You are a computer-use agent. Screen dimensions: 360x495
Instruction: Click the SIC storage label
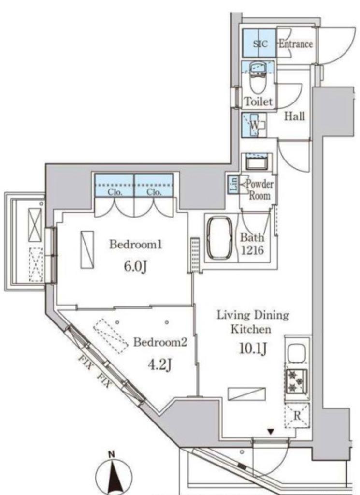(x=260, y=44)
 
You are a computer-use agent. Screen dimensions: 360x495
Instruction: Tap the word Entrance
(x=296, y=44)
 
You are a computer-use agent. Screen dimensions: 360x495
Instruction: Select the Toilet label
(x=259, y=102)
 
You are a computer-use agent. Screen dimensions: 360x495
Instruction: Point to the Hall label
(x=295, y=116)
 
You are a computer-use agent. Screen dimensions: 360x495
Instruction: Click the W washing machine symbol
(x=254, y=125)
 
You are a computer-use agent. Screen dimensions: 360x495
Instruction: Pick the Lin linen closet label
(x=234, y=185)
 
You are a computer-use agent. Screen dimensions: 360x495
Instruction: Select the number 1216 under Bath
(x=252, y=250)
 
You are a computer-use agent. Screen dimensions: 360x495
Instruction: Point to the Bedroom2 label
(x=160, y=342)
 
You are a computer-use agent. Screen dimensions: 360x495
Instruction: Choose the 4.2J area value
(x=160, y=365)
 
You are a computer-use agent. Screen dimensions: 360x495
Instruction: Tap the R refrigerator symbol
(x=297, y=415)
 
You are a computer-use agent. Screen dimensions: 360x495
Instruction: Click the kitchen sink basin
(x=296, y=352)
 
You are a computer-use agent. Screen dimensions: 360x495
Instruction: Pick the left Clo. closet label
(x=115, y=192)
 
